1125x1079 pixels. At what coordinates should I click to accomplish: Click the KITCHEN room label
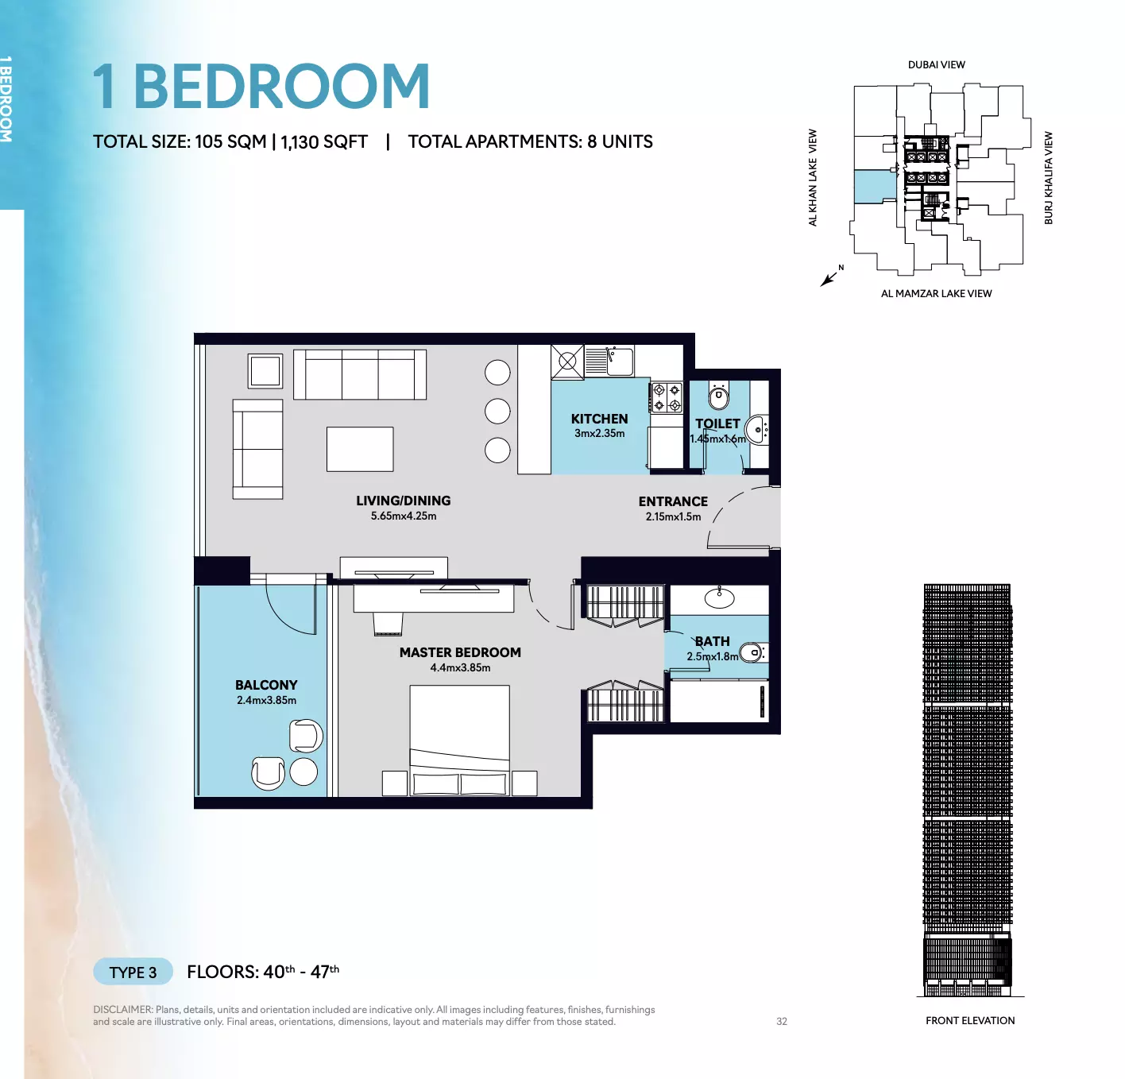[599, 419]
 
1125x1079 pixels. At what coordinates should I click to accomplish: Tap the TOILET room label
[717, 423]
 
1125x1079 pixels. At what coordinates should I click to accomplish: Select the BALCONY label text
[266, 685]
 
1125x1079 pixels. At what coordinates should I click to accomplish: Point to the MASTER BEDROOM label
[460, 653]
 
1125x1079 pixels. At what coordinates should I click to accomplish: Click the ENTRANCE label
[673, 501]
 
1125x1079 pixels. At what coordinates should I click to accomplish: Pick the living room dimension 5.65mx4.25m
[404, 516]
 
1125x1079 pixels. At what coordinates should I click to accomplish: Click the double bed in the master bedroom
[459, 741]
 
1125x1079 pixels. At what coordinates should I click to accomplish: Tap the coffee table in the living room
[360, 449]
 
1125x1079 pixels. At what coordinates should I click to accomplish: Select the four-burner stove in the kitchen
[667, 397]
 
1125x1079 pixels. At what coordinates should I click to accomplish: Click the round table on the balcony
[303, 772]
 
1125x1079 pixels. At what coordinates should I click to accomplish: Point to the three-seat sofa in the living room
[360, 374]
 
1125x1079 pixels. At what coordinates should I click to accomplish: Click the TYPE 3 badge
[133, 973]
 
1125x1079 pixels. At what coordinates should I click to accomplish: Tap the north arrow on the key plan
[829, 279]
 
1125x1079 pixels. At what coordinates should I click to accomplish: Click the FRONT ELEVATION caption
[970, 1020]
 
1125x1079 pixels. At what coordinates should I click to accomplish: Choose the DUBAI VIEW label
[937, 65]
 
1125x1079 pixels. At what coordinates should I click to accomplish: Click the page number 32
[782, 1022]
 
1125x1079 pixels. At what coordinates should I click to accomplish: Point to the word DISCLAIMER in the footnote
[123, 1010]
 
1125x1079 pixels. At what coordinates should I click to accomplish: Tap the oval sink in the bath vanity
[719, 599]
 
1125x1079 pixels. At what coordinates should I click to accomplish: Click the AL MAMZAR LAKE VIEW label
[936, 294]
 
